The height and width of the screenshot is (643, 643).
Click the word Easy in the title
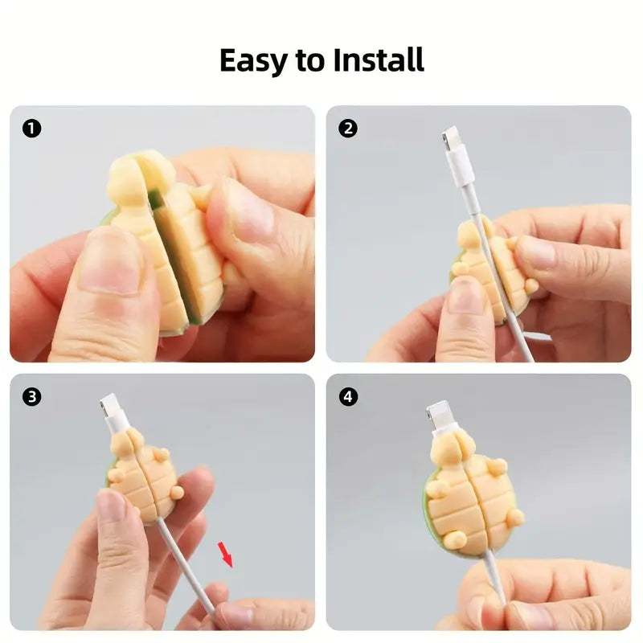coord(253,61)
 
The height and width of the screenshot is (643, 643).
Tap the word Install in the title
coord(378,59)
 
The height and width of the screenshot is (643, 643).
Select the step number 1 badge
coord(31,129)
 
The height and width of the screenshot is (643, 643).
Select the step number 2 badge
coord(348,129)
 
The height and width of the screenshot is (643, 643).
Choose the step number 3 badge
coord(31,396)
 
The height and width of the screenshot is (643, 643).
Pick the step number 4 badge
coord(348,396)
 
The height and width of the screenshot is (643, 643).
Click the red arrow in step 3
coord(225,555)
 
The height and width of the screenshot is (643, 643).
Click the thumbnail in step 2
coord(465,294)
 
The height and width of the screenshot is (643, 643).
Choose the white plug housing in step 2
coord(461,167)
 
